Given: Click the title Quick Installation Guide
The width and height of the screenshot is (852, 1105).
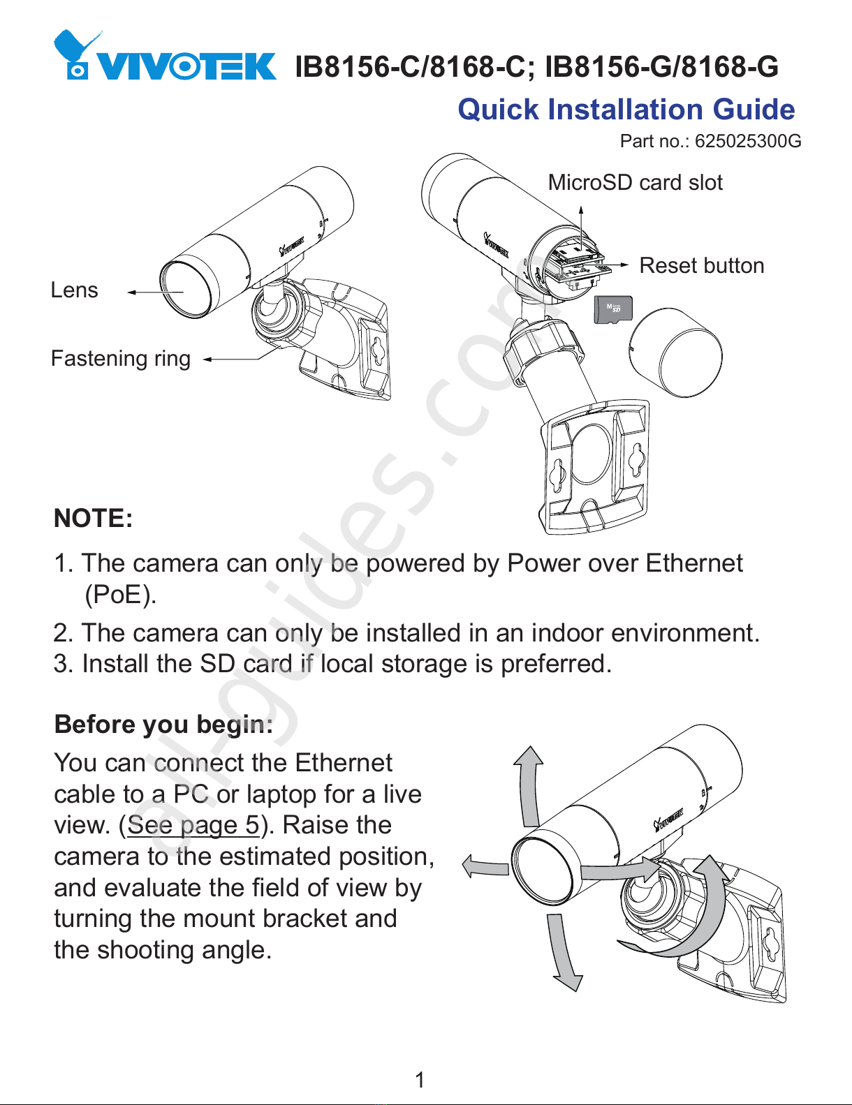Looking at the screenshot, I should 626,110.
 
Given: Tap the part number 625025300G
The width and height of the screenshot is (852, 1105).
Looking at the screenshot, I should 748,142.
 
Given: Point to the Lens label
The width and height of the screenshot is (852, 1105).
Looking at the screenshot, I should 74,290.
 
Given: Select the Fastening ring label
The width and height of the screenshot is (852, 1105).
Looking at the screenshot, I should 121,359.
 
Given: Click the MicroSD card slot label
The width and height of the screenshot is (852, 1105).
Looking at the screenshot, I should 635,183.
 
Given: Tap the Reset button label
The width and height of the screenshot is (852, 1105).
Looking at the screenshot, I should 701,266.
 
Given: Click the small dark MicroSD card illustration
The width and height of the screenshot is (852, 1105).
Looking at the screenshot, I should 612,309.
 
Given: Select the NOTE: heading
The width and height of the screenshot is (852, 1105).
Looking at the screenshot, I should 93,519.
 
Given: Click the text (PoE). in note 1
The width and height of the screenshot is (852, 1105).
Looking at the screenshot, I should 120,595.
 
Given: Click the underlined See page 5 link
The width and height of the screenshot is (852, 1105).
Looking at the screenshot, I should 193,825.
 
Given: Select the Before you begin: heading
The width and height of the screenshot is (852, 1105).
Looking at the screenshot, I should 163,725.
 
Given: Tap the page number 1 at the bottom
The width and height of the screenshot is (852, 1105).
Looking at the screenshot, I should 420,1080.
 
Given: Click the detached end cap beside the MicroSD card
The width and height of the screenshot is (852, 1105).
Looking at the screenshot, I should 675,353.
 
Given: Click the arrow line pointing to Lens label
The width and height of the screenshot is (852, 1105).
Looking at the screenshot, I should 155,292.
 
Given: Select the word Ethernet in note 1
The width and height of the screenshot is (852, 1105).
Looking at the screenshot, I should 693,563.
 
